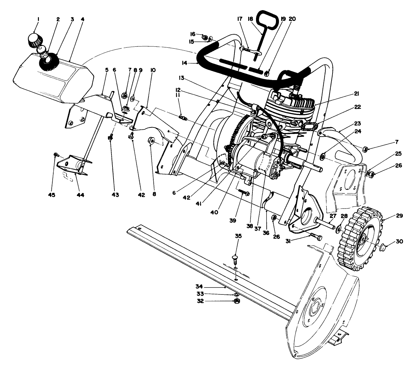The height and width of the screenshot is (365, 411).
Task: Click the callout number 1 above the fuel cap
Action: tap(38, 19)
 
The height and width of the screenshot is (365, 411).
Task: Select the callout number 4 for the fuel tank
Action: tap(82, 19)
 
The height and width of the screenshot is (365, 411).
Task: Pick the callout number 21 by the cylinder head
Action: tap(356, 94)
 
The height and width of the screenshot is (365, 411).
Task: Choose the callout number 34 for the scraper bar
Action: tap(199, 286)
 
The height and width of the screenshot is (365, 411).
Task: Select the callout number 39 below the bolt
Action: tap(232, 221)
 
